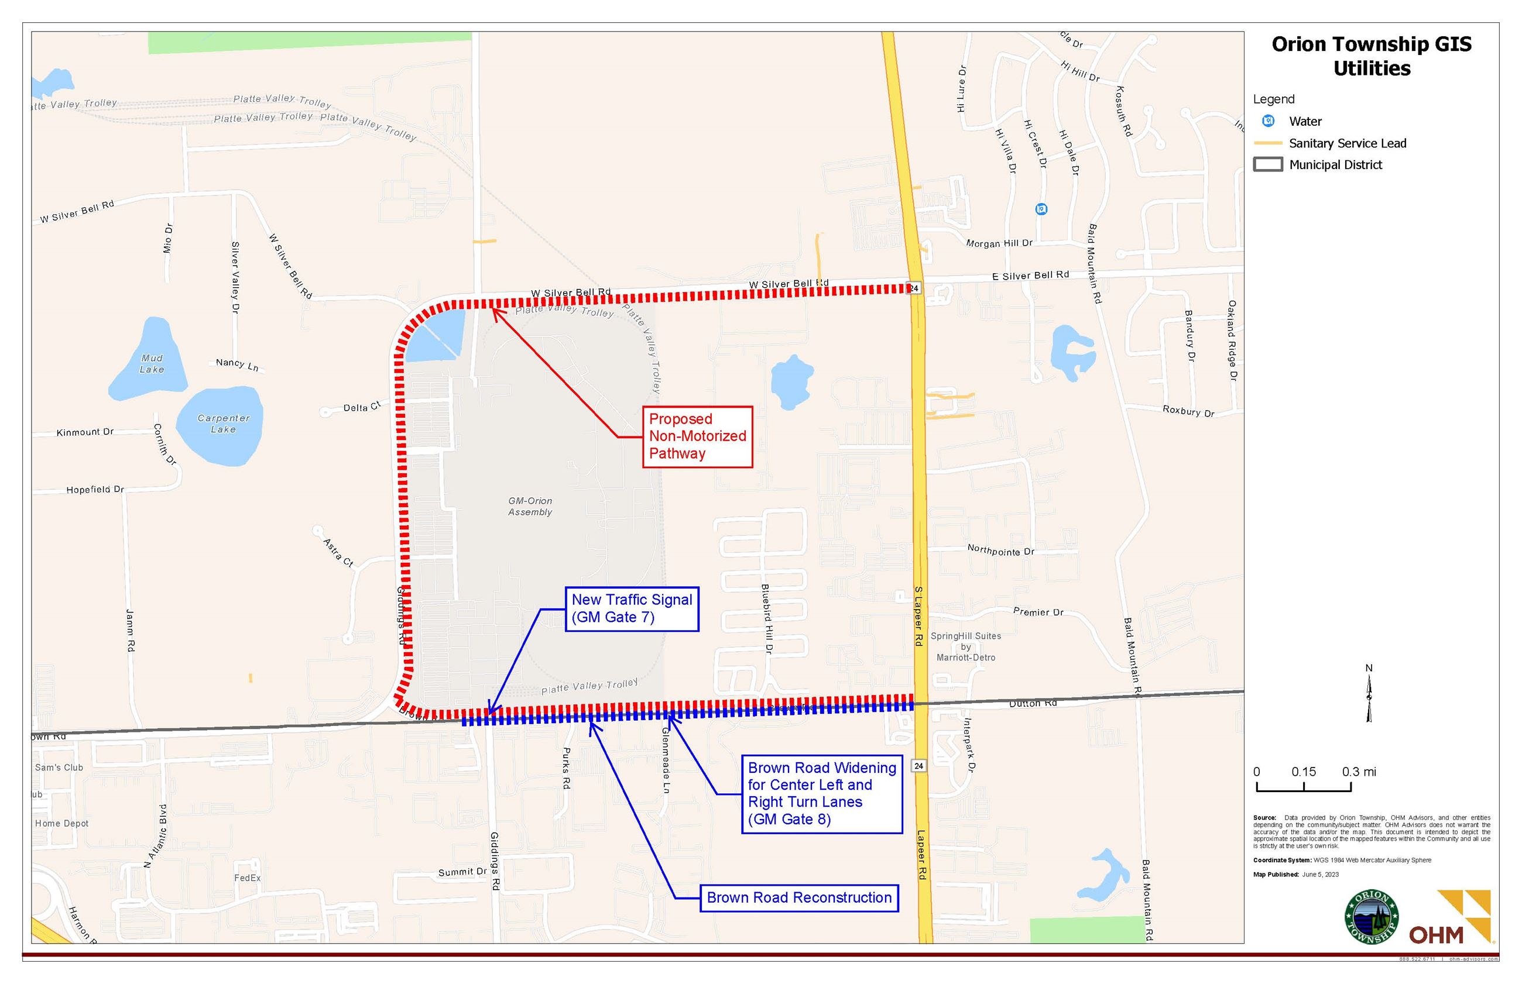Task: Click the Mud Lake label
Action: [152, 363]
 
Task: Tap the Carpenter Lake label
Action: [223, 424]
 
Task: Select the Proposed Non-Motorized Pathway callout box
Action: [697, 436]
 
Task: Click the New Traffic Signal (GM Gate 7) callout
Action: [631, 608]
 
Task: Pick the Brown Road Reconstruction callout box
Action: [798, 898]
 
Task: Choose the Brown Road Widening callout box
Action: [821, 794]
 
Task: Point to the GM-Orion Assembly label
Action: [530, 506]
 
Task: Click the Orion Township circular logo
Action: [1372, 917]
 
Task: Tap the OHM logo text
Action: [1437, 935]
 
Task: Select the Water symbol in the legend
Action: [1268, 121]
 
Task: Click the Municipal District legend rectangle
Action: [1267, 165]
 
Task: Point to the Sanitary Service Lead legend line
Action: [1267, 143]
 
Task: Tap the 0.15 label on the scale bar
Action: [1304, 771]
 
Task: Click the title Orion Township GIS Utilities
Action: [1371, 56]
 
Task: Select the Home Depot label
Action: [62, 823]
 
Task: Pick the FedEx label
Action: [248, 878]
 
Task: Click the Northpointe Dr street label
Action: [1000, 550]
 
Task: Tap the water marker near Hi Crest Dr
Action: [1041, 209]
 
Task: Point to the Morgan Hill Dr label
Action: [999, 243]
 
